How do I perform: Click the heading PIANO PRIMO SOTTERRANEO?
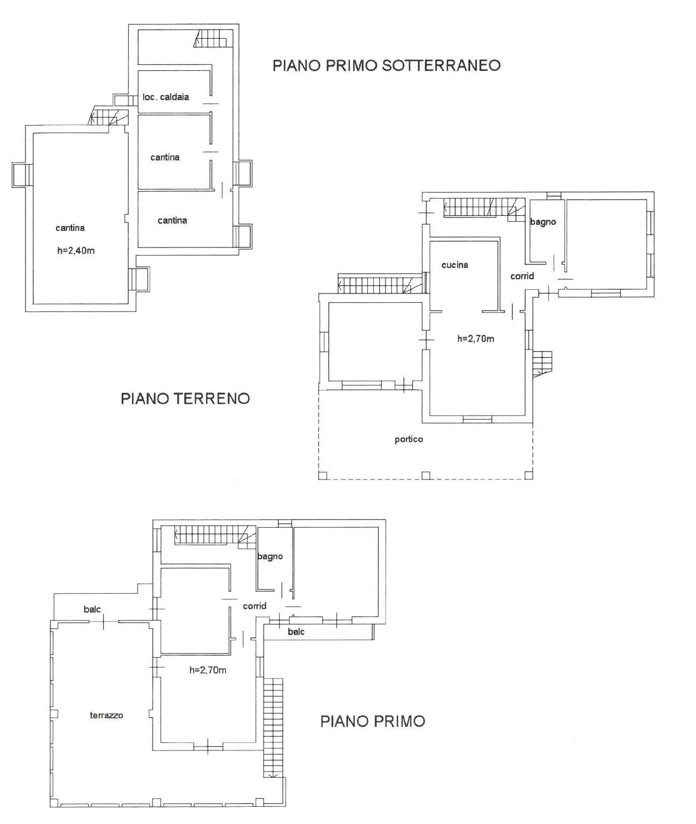coord(387,65)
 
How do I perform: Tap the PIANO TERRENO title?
coord(185,399)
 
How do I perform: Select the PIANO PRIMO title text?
coord(372,721)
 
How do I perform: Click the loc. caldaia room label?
coord(165,97)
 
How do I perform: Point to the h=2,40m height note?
coord(76,250)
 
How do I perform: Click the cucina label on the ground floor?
coord(454,265)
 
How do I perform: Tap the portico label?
coord(409,439)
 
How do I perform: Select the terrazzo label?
coord(106,715)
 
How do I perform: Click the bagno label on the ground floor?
coord(543,222)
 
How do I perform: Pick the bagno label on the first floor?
coord(270,556)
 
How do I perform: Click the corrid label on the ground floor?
coord(522,276)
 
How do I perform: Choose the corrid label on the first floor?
coord(255,606)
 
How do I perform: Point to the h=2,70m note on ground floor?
coord(476,339)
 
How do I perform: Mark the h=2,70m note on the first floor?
coord(208,670)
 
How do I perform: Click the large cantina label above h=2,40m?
coord(70,228)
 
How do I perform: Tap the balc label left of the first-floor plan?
coord(92,609)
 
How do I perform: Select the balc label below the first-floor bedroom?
coord(296,632)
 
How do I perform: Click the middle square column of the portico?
coord(426,475)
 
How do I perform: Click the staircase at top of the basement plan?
coord(213,39)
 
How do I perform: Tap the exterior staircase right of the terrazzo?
coord(273,727)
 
